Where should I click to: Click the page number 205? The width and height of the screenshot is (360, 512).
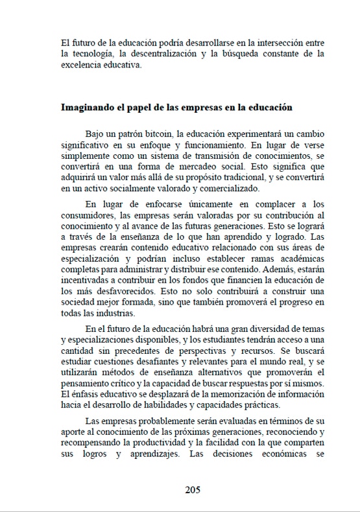point(192,490)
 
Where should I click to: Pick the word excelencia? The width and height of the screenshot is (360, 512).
point(79,65)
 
